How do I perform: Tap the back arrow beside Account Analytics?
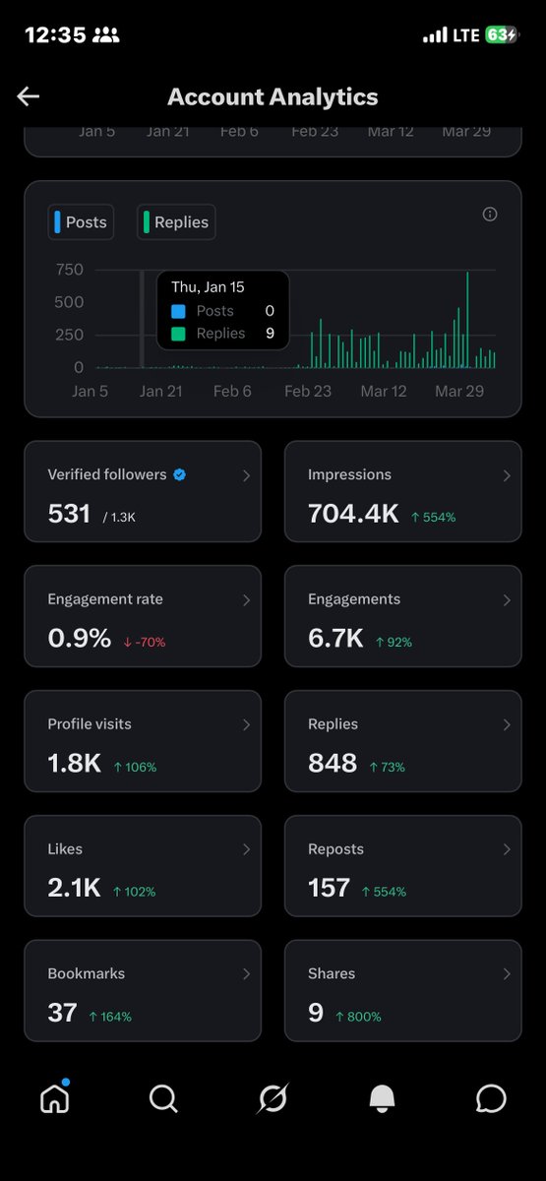click(28, 95)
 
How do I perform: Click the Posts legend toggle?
click(81, 222)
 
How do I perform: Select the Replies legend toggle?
click(176, 222)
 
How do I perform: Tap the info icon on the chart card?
click(490, 215)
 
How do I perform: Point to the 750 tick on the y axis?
click(69, 270)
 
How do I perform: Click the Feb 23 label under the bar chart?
click(308, 391)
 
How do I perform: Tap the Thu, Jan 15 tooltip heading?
click(208, 287)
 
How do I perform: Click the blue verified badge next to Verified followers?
click(179, 474)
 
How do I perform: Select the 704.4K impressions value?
click(353, 514)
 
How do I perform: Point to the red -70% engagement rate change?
click(145, 642)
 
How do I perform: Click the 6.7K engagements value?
click(335, 639)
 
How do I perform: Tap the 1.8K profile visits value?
click(74, 764)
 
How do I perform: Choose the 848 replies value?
click(333, 764)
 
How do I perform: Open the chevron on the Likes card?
click(246, 849)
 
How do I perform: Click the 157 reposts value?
click(329, 889)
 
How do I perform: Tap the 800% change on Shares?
click(358, 1016)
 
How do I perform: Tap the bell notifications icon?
click(382, 1099)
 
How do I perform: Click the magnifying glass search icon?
click(163, 1098)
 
